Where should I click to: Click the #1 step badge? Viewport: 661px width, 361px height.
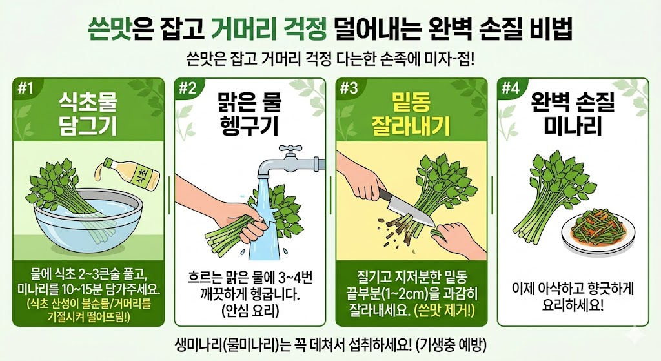click(26, 89)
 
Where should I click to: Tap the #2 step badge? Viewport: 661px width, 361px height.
click(187, 89)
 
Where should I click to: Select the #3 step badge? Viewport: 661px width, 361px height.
click(349, 89)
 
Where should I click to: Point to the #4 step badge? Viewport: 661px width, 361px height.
click(510, 89)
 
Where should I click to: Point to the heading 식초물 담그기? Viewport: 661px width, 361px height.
click(88, 112)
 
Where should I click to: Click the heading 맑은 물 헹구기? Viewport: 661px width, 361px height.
click(249, 112)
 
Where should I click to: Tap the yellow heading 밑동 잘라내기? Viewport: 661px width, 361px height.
click(411, 112)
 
